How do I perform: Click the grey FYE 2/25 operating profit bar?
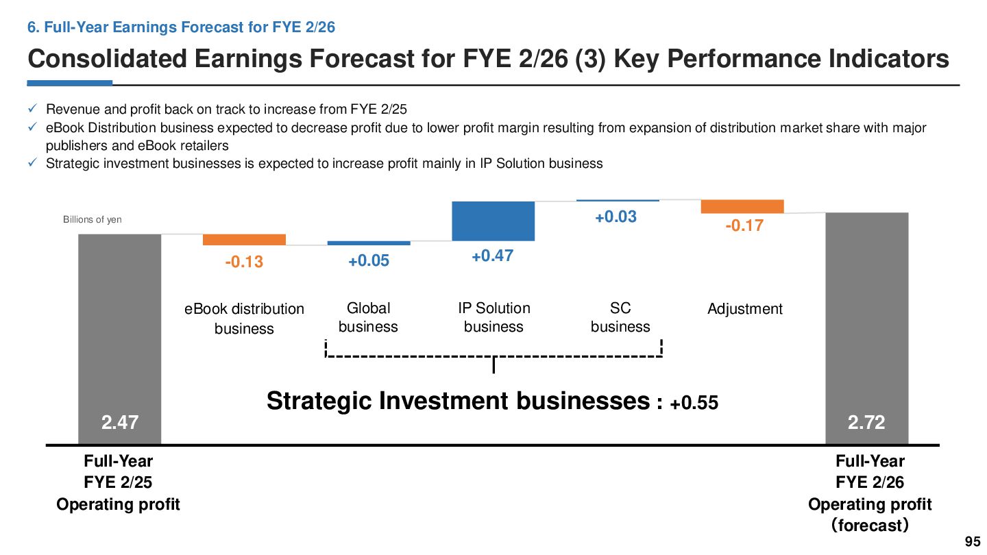(119, 339)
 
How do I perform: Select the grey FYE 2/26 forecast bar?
(866, 329)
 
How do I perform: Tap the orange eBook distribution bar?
(244, 240)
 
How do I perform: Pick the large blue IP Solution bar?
(493, 221)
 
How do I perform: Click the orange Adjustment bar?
(742, 207)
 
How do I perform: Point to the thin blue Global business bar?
(369, 243)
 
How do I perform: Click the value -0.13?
(244, 262)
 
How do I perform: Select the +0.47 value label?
(493, 256)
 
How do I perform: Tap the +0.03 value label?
(616, 217)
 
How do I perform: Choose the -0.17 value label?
(744, 225)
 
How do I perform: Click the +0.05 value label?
(369, 260)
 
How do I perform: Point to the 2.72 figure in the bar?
(866, 422)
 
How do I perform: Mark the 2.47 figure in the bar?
(120, 422)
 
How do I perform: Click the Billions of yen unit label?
(92, 219)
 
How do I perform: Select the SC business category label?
(620, 317)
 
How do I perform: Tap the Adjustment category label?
(744, 309)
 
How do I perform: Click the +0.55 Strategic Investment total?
(694, 403)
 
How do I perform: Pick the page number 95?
(973, 541)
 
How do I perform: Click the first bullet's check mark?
(32, 108)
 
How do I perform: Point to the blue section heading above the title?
(181, 27)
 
